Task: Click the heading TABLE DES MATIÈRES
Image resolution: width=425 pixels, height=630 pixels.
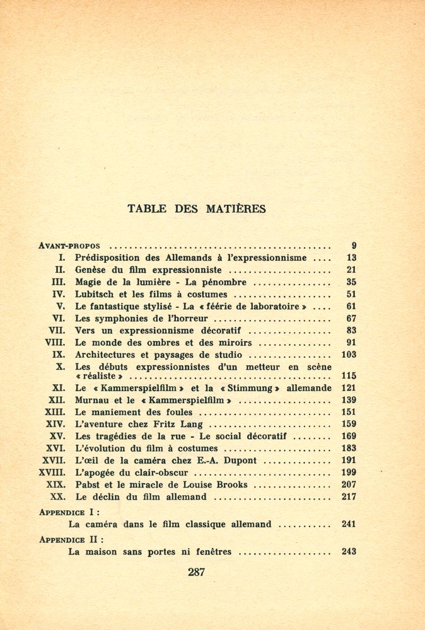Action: [196, 209]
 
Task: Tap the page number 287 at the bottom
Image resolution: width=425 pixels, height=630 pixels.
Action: [197, 572]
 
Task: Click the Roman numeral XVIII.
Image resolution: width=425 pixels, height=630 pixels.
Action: [52, 472]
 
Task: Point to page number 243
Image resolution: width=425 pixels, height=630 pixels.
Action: [349, 552]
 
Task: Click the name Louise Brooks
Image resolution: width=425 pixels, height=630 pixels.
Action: [218, 485]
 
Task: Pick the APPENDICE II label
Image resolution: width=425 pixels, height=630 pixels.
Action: [71, 540]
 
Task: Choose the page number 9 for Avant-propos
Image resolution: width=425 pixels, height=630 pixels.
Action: [354, 246]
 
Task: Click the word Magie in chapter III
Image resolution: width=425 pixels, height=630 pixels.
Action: [89, 282]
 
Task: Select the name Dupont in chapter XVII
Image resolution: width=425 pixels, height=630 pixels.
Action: [239, 461]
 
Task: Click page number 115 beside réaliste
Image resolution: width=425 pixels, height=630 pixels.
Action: [349, 376]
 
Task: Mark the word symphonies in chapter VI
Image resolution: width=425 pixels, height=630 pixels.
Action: [123, 319]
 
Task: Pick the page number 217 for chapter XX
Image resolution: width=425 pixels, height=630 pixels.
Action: [349, 497]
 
